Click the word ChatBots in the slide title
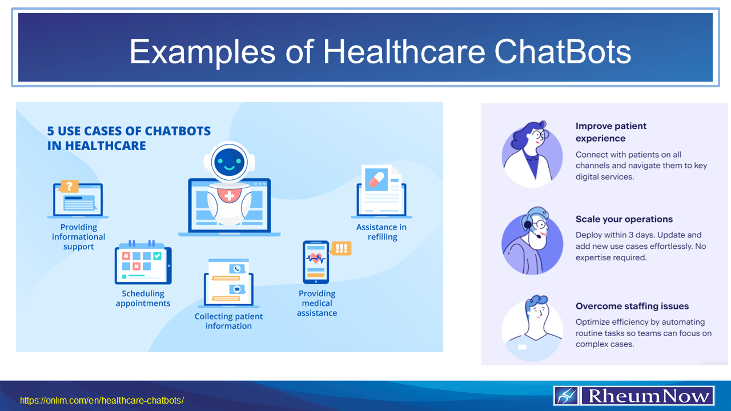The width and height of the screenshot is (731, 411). coord(563,51)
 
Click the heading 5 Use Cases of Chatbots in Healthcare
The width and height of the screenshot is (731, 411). coord(128,138)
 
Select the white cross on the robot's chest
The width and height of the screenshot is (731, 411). coord(230,196)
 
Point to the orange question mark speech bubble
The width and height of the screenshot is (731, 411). coord(69,186)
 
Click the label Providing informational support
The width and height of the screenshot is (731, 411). coord(79,237)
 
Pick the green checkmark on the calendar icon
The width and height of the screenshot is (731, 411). coord(157,256)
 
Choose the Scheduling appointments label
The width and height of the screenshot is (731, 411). coord(143,299)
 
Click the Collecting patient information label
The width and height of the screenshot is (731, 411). coord(228,321)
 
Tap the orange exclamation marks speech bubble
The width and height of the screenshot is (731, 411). coord(341,248)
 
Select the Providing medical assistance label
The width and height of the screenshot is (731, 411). coord(317,303)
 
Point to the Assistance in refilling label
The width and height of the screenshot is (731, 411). coord(381,232)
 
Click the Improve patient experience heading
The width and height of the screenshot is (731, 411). coord(610,132)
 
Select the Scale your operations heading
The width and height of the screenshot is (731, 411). coord(624,219)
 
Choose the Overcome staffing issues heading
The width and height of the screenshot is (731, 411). coord(632,306)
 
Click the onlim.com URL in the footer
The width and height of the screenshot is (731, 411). coord(102,400)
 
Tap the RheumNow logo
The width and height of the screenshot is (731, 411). coord(634,395)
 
